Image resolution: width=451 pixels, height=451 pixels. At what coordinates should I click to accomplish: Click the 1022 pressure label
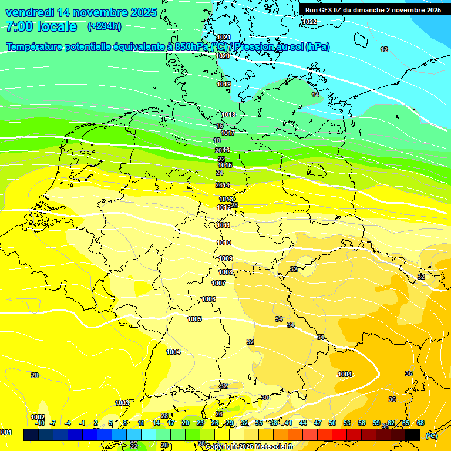coord(309,22)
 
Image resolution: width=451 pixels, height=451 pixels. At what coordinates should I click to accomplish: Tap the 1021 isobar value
coord(223,37)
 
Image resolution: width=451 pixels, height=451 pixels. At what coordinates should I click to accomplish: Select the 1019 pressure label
coord(224,84)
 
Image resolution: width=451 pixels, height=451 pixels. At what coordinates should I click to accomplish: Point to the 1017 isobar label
coord(228,133)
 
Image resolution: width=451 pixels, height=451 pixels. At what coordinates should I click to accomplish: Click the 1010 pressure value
coord(224,243)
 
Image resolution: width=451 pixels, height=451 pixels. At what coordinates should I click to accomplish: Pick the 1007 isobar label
coord(218,283)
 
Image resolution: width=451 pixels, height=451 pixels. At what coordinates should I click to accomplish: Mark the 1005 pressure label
coord(194,319)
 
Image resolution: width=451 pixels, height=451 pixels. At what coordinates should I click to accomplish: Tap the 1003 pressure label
coord(122,403)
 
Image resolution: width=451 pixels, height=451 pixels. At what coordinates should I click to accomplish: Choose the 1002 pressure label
coord(38,417)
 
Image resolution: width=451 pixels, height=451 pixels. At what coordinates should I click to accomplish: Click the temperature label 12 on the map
coord(384,49)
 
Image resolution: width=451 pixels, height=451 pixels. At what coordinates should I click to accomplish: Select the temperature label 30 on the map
coord(265,398)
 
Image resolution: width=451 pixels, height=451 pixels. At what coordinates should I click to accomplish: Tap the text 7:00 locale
coord(41,26)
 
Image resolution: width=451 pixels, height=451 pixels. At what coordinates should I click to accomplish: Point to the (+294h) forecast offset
coord(105,26)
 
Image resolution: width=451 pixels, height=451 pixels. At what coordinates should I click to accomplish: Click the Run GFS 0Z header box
coord(373,10)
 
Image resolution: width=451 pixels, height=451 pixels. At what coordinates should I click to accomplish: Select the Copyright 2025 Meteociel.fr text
coord(249,446)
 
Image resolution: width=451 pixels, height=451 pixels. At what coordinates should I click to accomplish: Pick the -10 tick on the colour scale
coord(40,423)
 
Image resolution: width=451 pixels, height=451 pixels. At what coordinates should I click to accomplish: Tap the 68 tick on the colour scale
coord(420,423)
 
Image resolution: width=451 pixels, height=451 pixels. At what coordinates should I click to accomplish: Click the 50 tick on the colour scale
coord(332,423)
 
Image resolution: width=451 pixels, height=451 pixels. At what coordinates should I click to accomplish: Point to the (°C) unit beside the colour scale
coord(431,435)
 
